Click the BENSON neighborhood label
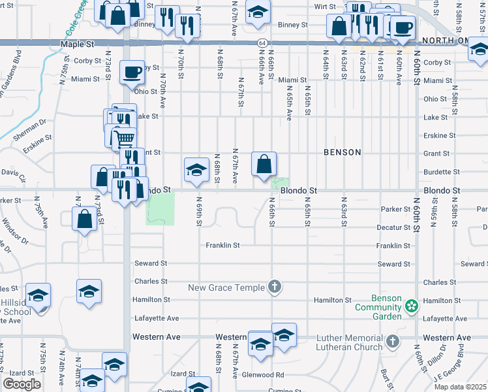(342, 152)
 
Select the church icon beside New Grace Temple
(275, 287)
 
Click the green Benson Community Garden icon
(411, 305)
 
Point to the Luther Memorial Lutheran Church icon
(392, 341)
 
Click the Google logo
(22, 384)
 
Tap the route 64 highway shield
(262, 42)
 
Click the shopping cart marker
(124, 138)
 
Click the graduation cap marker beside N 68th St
(196, 170)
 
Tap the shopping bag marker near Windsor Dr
(85, 219)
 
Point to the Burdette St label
(440, 172)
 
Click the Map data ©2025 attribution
(459, 387)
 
